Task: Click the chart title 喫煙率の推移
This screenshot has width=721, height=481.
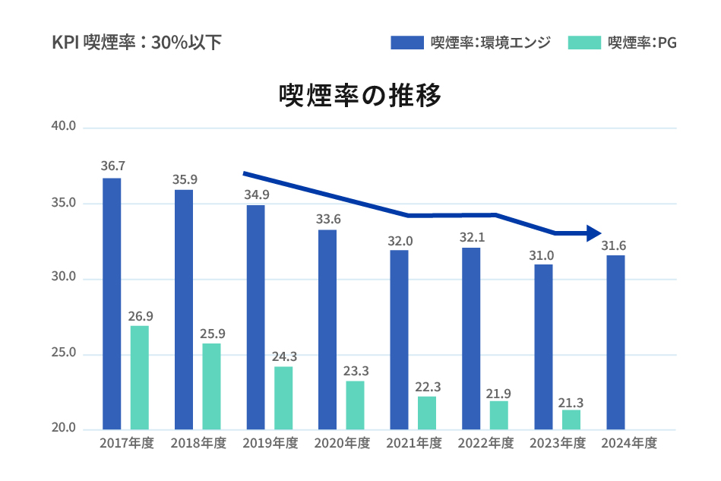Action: (x=360, y=97)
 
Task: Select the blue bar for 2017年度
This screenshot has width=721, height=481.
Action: (x=112, y=304)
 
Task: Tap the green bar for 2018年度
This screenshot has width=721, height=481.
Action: (x=211, y=386)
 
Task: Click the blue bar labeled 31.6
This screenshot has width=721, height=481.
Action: (x=615, y=342)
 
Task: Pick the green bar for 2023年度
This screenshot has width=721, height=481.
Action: (x=571, y=419)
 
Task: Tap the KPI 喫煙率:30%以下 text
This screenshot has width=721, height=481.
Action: (x=137, y=43)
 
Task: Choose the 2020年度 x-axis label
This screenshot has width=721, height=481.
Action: (x=342, y=443)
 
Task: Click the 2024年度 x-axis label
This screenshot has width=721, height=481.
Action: (x=628, y=443)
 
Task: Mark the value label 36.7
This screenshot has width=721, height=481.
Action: (x=112, y=166)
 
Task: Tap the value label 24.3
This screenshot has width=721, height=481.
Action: (x=283, y=355)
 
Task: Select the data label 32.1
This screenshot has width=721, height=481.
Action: (x=470, y=236)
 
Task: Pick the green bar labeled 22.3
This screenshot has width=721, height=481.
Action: (x=427, y=413)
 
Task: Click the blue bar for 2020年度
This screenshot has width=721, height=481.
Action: (x=327, y=329)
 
